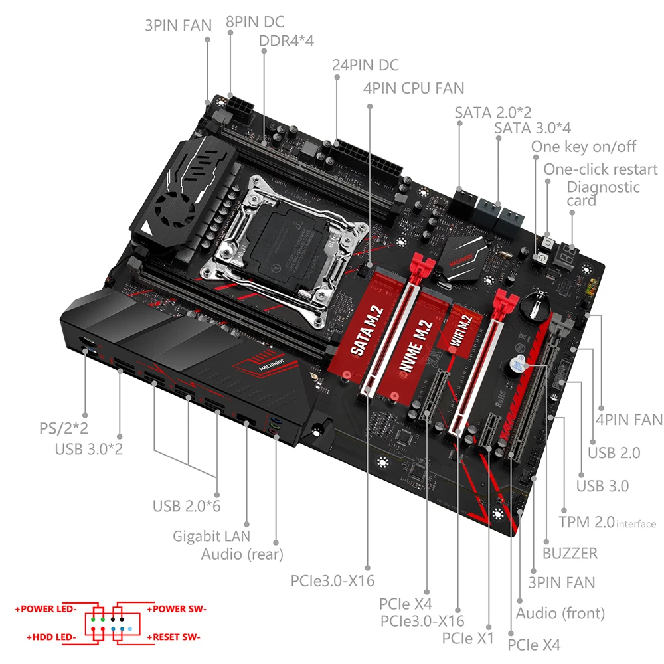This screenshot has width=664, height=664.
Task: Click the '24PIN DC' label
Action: [366, 65]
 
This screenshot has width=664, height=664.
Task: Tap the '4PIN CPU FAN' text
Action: [414, 88]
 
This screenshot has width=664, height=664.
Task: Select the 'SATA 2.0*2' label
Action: [493, 112]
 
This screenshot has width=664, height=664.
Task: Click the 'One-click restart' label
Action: [600, 169]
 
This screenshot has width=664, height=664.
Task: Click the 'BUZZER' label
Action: [569, 552]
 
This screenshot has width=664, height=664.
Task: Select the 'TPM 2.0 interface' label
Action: [607, 522]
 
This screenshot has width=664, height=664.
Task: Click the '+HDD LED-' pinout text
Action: [51, 637]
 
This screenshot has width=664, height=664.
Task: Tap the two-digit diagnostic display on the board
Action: [566, 256]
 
